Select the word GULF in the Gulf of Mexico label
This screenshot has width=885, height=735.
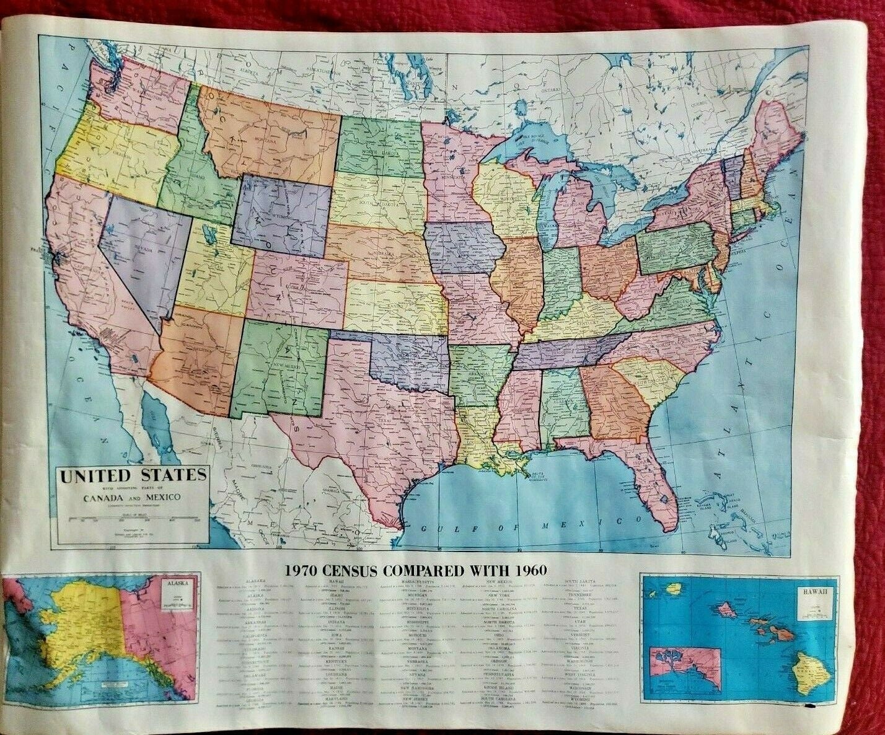click(x=437, y=528)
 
